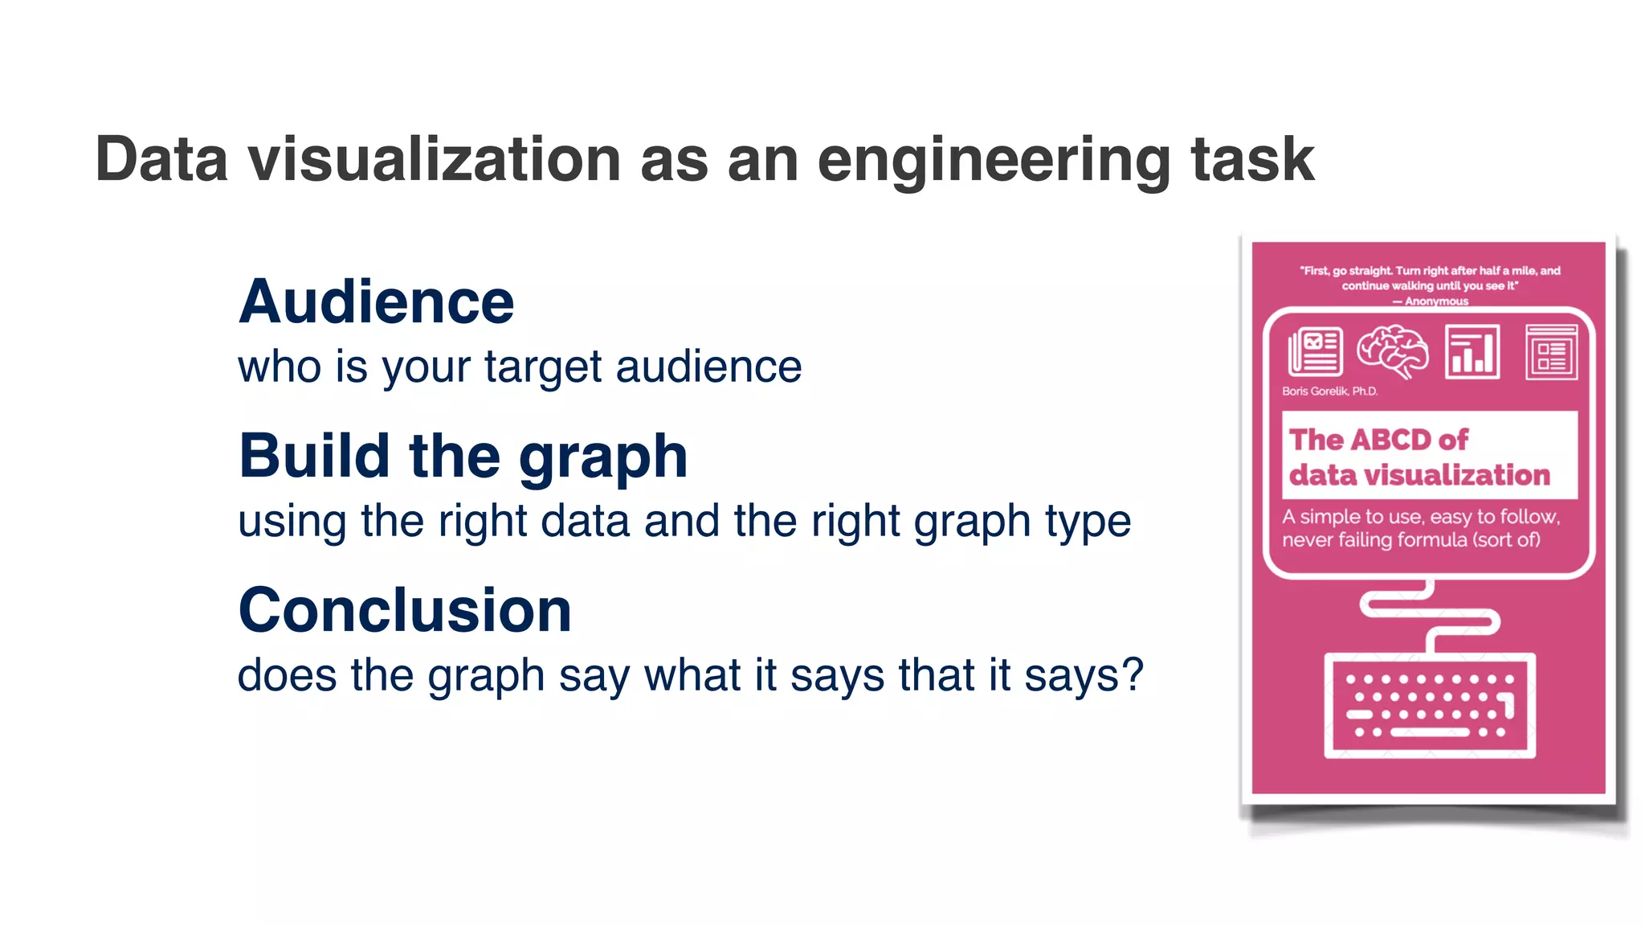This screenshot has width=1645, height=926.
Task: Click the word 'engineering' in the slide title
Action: click(994, 161)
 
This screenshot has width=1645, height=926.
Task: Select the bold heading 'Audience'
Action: click(376, 302)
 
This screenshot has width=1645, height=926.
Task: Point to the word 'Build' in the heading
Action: click(314, 457)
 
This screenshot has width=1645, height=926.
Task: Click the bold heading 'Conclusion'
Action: click(405, 610)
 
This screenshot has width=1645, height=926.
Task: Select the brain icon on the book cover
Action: click(1392, 351)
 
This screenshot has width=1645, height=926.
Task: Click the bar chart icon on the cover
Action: click(1472, 351)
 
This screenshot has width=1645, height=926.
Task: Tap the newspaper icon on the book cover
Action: click(1315, 351)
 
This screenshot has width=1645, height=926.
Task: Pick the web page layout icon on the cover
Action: click(1550, 351)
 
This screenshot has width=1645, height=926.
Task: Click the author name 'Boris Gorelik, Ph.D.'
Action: click(1329, 391)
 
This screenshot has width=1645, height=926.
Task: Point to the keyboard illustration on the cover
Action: click(1429, 706)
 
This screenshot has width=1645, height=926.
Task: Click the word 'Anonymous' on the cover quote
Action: click(1436, 301)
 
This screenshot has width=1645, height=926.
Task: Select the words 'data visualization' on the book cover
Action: click(1419, 475)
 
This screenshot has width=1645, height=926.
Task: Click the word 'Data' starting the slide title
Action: click(161, 159)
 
